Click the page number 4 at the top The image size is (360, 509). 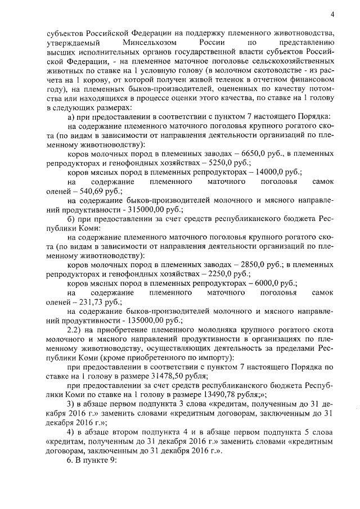click(332, 13)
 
